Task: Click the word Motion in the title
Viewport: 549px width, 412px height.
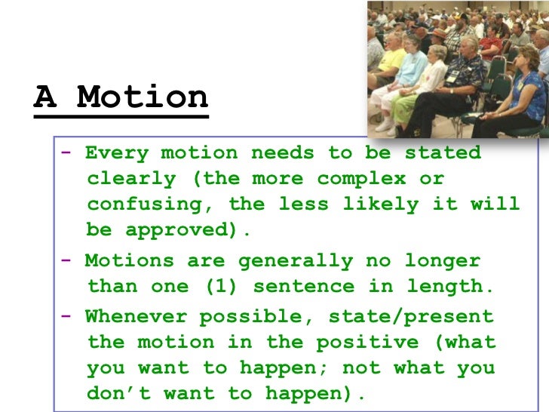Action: pyautogui.click(x=143, y=97)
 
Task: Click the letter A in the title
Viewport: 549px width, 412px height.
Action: pyautogui.click(x=44, y=97)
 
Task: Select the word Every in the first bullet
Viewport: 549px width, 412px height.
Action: pyautogui.click(x=116, y=152)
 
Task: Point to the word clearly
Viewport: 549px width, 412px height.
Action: pyautogui.click(x=131, y=180)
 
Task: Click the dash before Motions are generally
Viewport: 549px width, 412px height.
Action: pyautogui.click(x=67, y=261)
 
